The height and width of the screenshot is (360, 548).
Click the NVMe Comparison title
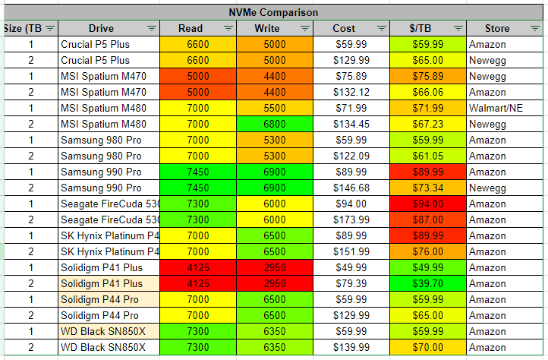273,12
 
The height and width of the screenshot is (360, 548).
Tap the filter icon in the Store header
534,28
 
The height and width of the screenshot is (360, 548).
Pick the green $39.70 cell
427,283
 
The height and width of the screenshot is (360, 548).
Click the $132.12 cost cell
351,92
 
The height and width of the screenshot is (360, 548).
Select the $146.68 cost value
351,188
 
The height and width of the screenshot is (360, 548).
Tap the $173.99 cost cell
351,219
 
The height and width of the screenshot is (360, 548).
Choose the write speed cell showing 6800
275,124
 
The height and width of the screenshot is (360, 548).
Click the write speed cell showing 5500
275,108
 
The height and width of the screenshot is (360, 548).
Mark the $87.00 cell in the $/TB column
427,219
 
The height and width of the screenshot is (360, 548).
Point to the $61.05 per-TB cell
427,156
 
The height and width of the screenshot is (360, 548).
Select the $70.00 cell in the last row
427,347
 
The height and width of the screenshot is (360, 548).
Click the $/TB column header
422,28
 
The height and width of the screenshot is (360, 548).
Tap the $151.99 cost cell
351,251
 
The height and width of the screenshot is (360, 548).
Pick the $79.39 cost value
351,283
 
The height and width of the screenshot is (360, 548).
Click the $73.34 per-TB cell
427,188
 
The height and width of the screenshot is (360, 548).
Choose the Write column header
270,28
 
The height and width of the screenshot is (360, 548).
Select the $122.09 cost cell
351,156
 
